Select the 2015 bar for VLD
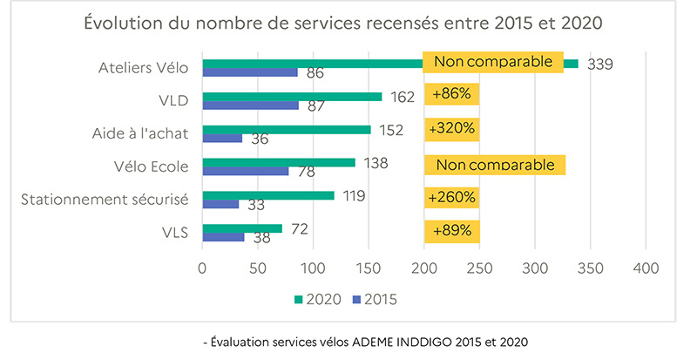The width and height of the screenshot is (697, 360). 251,105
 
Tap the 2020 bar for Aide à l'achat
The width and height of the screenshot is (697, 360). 287,129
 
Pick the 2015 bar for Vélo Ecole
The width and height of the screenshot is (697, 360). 246,171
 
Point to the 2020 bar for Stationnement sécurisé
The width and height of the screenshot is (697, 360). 268,195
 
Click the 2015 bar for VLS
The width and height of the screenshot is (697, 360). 223,237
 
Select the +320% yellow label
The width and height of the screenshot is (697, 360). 451,128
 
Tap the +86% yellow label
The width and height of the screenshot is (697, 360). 451,94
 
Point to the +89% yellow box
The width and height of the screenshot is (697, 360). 451,231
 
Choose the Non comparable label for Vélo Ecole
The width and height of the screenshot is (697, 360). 494,164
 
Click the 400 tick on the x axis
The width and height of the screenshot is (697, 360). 646,269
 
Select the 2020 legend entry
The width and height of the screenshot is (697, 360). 315,299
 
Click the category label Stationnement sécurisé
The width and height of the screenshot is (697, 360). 105,200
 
